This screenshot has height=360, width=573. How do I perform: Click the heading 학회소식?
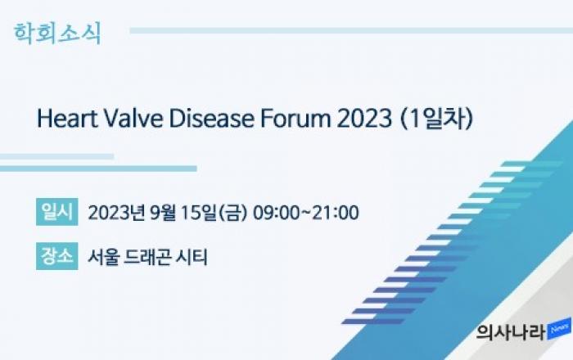coord(57,34)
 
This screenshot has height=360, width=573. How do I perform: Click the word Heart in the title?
coord(67,119)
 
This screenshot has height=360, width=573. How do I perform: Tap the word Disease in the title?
coord(211,119)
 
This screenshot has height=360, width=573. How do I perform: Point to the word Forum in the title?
coord(296,119)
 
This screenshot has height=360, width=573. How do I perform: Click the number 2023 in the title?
coord(364,119)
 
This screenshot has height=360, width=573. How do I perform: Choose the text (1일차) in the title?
coord(437,119)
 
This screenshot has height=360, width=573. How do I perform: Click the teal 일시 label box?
coord(57,212)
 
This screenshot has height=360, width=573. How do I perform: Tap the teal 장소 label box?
coord(57,256)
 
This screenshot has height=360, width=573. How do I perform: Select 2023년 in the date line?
coord(116,213)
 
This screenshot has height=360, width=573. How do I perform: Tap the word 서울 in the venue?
coord(103,257)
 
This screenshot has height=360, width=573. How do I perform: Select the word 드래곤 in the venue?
coord(147,257)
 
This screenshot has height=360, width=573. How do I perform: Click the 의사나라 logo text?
coord(511,332)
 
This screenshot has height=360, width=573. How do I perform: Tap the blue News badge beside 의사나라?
coord(559,329)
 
